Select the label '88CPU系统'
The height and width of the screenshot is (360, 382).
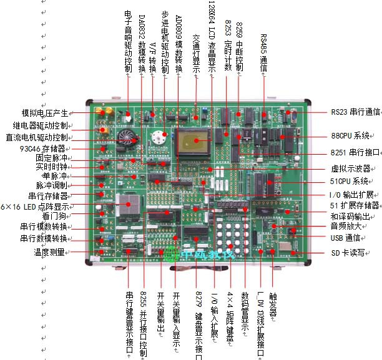[351, 135]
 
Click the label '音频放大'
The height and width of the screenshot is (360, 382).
[347, 227]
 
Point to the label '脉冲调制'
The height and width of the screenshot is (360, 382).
[52, 186]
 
